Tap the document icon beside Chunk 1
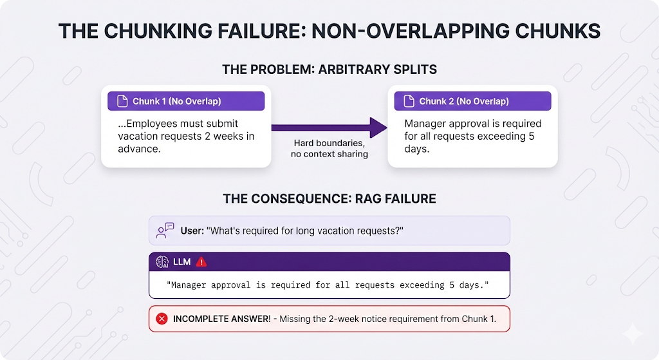pos(122,101)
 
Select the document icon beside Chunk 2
pos(409,101)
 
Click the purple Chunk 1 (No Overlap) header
pos(186,101)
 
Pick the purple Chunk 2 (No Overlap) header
pos(473,101)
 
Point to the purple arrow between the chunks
pos(329,128)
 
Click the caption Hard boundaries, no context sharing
pos(329,149)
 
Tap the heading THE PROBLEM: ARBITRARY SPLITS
pos(329,70)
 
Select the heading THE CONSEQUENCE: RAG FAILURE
pos(329,198)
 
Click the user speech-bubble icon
pos(165,231)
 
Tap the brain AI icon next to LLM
pos(162,262)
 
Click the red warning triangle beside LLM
pos(201,262)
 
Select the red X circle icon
pos(162,319)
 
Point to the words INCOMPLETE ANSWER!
pos(222,319)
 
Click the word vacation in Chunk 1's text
pos(136,137)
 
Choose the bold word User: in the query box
pos(192,231)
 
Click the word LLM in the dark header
pos(182,262)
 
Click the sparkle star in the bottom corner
pos(632,334)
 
